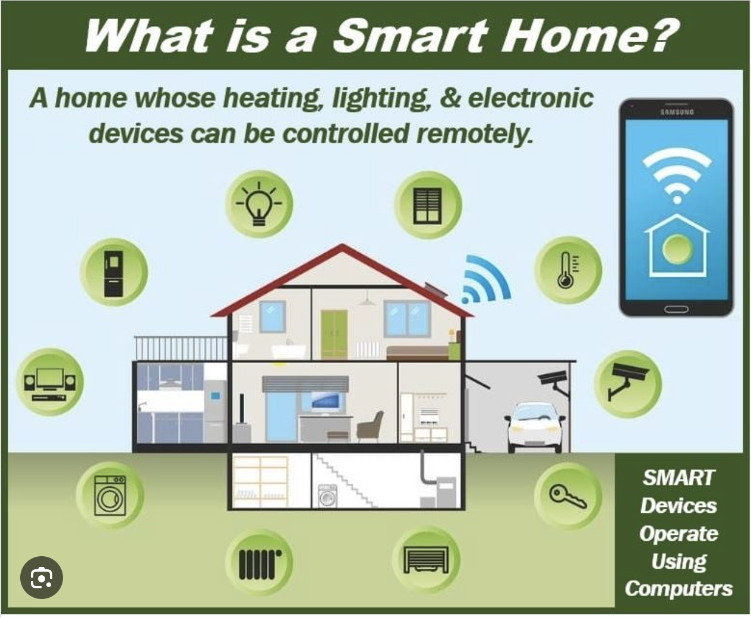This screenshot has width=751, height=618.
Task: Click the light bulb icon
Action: coord(259,204)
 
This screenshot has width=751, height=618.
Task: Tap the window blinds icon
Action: coord(427,206)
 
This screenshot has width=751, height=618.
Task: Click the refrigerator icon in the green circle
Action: coord(113,273)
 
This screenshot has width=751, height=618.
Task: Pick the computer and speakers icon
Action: coord(50,384)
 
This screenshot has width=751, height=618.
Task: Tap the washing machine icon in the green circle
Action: coord(110,496)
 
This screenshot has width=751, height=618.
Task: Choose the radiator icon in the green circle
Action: coord(260,564)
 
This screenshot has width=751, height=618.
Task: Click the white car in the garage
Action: coord(535,427)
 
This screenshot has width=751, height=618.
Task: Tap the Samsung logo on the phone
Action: coord(677,112)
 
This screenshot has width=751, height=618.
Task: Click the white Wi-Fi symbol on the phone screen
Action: coord(677,175)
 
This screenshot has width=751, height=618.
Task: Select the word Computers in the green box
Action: coord(679,588)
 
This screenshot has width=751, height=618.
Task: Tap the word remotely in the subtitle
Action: coord(475,133)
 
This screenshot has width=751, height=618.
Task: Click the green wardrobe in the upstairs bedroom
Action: coord(334,335)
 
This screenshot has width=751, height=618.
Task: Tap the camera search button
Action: coord(42,578)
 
